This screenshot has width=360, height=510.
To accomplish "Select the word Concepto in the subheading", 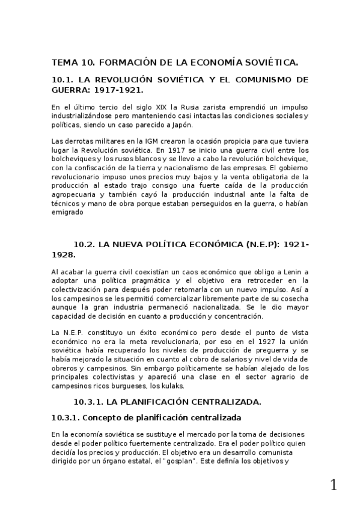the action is point(99,417).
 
